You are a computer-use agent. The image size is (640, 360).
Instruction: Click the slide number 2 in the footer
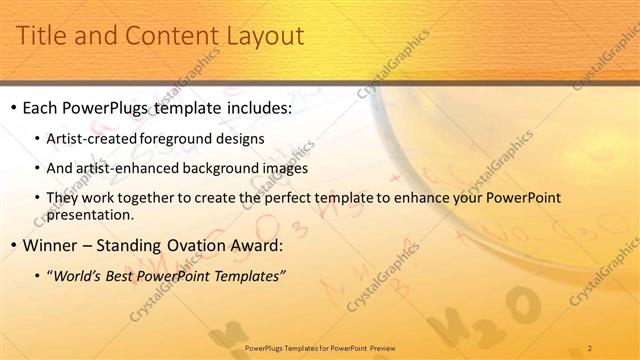click(590, 348)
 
